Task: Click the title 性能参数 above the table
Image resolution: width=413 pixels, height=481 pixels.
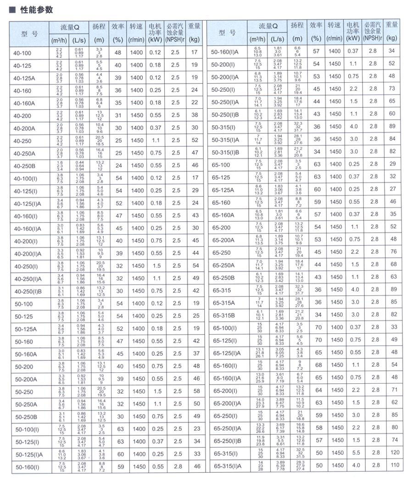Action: click(x=37, y=10)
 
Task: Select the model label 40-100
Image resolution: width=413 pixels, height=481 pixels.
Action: click(x=22, y=53)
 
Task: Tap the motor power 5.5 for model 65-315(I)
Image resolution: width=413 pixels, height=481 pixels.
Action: click(x=353, y=453)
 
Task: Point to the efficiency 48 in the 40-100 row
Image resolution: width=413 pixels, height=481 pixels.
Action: click(x=118, y=53)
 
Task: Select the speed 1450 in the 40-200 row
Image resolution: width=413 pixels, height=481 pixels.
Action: click(x=136, y=115)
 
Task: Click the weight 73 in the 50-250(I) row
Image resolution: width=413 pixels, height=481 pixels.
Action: click(x=391, y=89)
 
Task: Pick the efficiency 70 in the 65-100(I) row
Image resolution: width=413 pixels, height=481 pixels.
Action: click(x=316, y=327)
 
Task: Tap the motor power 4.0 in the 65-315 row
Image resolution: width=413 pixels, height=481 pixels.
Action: click(x=353, y=290)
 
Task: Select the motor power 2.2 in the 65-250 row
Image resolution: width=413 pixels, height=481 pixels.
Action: click(x=353, y=252)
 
